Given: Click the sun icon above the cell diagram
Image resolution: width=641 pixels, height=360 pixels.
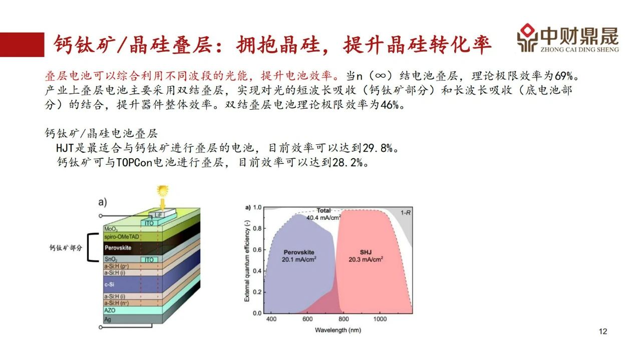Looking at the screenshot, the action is tap(163, 191).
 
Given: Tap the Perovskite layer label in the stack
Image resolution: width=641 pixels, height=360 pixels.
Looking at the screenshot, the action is tap(118, 248).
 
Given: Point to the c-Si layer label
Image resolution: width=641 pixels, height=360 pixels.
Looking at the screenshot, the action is tap(109, 284).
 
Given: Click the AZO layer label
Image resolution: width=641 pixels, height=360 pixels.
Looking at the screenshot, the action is tap(110, 310).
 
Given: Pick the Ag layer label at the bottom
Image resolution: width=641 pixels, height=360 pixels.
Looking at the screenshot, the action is tap(107, 319).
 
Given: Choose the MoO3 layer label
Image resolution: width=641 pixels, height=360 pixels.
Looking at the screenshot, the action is tap(111, 229).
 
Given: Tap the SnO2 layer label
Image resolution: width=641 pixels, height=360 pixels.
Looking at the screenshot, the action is tap(111, 259).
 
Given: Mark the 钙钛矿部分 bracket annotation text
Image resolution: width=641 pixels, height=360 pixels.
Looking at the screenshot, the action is tap(66, 248).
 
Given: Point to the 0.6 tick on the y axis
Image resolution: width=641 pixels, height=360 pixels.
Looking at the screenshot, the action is tap(257, 249).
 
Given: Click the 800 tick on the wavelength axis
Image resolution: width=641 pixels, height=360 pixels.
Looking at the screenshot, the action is tap(344, 319).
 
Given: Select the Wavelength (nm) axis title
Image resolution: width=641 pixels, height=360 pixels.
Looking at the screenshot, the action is tap(338, 330).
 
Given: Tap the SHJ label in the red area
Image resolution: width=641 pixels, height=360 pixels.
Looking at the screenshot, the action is tap(366, 252).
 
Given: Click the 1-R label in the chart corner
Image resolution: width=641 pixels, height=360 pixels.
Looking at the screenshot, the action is tap(405, 213).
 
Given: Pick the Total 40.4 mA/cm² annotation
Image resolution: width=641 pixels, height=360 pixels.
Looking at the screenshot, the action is tap(324, 214).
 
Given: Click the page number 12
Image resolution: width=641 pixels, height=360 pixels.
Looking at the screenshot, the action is tap(603, 331).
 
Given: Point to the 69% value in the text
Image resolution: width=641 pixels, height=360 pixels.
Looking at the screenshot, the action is tap(564, 76).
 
